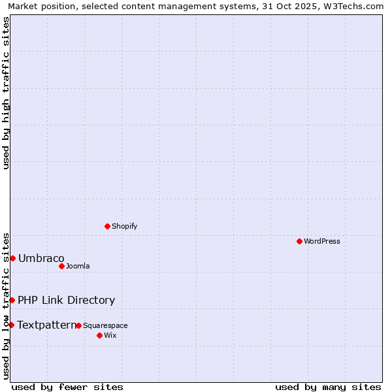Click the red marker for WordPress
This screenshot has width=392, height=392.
[299, 241]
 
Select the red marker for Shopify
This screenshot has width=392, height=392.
[107, 226]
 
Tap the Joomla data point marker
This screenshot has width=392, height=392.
[61, 266]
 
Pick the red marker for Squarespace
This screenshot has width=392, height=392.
[78, 325]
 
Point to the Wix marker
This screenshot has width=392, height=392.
[99, 335]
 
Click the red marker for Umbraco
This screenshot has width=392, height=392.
[12, 258]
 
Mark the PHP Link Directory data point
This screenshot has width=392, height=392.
[12, 300]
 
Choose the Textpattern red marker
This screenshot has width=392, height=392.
[11, 325]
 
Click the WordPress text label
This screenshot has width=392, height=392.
[322, 241]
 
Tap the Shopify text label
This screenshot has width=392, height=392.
[124, 226]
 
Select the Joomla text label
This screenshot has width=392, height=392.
[78, 266]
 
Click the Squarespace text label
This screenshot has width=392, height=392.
[105, 325]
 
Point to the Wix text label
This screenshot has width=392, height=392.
[110, 335]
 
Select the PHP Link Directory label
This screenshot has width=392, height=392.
[66, 300]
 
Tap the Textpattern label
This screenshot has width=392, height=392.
[46, 325]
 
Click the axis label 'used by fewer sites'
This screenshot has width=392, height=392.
[67, 387]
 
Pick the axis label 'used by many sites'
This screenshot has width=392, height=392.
[328, 387]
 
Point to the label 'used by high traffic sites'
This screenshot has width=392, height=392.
[6, 93]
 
